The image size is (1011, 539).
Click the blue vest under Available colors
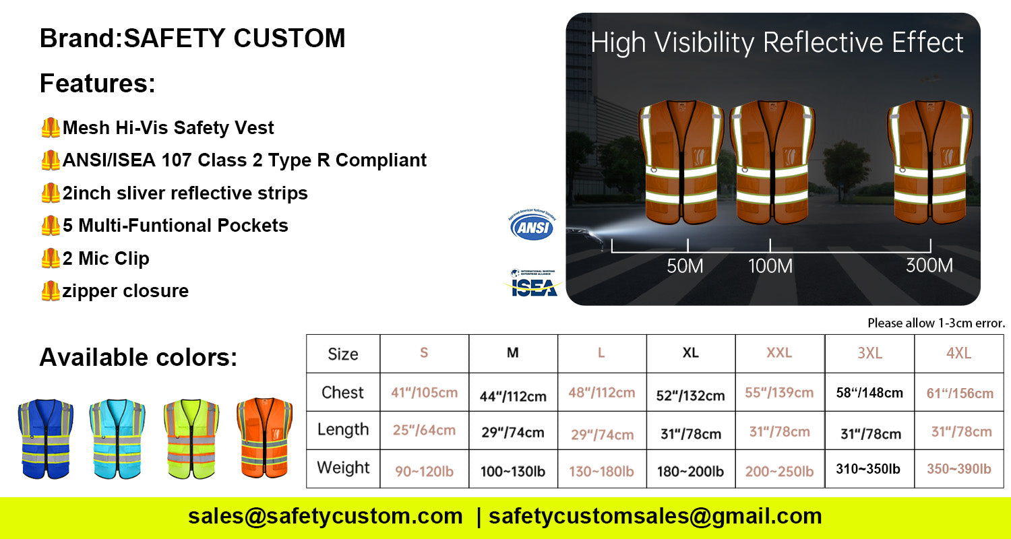coord(46,439)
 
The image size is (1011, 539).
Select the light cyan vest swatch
coord(117,439)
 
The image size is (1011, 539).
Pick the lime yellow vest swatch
coord(191,439)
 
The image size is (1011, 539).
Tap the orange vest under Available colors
coord(264,439)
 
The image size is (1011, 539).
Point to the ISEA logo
coord(533,284)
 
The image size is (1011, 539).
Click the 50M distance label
coord(685,266)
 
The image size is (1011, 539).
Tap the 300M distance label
coord(929,266)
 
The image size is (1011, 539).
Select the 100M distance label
coord(770,266)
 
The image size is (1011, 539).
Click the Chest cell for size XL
coord(690,394)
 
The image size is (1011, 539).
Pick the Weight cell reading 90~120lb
coord(424,471)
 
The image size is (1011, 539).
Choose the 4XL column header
coord(958,354)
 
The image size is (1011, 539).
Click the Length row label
coord(343,430)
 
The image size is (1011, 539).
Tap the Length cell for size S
coord(424,430)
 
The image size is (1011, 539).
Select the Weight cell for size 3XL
coord(868,469)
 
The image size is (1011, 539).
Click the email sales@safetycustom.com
coord(326,517)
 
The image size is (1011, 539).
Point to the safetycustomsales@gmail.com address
coord(655,517)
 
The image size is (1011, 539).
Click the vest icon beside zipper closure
coord(51,291)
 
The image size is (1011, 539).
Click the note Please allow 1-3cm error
coord(936,323)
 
